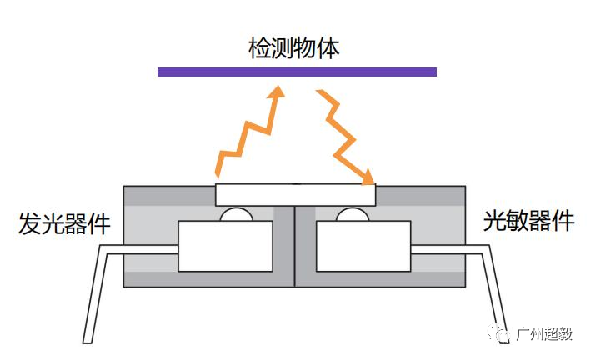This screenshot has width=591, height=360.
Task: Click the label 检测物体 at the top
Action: (294, 47)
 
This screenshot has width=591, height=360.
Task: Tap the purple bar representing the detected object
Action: (297, 72)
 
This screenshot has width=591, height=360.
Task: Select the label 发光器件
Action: (64, 223)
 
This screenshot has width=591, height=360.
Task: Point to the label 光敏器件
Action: (528, 221)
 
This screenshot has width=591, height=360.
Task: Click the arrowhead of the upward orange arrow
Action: (277, 92)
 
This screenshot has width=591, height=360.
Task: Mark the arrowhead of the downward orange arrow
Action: (368, 177)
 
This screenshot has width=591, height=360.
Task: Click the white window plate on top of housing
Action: (295, 195)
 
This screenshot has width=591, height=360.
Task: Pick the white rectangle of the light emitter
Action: (225, 246)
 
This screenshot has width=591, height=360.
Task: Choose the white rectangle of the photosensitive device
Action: (363, 246)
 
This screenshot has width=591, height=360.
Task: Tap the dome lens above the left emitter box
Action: (237, 215)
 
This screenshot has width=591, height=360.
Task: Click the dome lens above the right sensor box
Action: (353, 215)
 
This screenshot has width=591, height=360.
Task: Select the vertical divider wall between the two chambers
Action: (294, 246)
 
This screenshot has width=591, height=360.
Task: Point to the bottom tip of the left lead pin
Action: (88, 342)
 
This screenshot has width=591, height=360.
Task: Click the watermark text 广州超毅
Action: (544, 333)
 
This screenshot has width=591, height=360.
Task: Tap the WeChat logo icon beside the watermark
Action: (498, 332)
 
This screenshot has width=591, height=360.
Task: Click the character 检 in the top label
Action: (260, 48)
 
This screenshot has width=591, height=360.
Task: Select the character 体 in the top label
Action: (328, 48)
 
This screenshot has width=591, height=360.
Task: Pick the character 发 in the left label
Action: (30, 224)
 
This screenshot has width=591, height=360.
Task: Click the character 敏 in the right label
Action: (517, 221)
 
